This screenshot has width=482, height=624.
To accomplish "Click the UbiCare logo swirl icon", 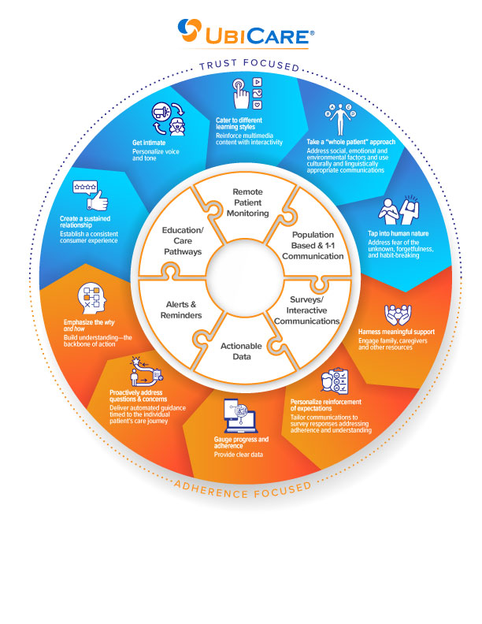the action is (190, 30).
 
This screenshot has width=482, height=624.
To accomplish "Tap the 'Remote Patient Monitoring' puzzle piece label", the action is (248, 202).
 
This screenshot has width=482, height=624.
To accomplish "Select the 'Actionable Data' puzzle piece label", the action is (242, 351).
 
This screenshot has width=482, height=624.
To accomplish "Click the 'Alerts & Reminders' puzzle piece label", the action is (181, 310).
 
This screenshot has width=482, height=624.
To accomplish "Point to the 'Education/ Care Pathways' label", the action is (183, 241).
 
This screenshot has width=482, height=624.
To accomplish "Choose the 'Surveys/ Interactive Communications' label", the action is (306, 310).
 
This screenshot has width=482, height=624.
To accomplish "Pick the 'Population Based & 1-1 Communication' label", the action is (313, 245).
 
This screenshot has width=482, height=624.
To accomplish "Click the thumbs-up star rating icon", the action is (91, 195).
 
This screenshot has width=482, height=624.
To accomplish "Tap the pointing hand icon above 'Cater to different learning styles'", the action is (241, 94).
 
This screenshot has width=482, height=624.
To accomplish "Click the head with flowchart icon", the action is (92, 299).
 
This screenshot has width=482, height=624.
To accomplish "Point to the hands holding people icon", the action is (398, 315).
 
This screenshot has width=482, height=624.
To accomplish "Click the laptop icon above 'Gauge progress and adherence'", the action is (240, 416).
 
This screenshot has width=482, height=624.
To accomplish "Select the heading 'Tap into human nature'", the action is (398, 233).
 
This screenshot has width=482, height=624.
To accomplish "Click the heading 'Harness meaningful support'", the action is (396, 332).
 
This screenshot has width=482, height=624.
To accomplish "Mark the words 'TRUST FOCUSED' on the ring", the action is (250, 65).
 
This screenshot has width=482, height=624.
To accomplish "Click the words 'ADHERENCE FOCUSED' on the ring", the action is (243, 490).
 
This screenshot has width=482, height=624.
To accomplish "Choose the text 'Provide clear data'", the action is (238, 455).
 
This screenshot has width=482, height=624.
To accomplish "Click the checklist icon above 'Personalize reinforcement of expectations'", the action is (335, 381).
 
